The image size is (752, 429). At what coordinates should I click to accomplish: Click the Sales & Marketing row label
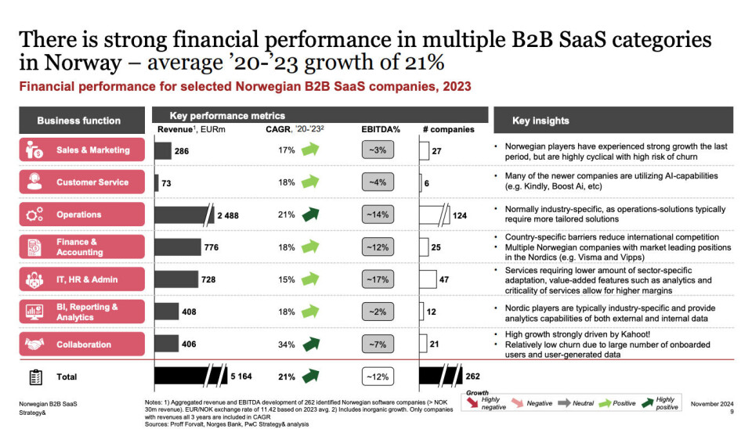(92, 150)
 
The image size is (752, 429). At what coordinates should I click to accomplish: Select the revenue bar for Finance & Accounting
(178, 247)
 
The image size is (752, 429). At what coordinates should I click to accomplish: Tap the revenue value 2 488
(228, 214)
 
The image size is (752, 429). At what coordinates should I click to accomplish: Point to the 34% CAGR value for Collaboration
(286, 344)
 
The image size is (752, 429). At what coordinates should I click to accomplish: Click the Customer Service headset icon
(34, 182)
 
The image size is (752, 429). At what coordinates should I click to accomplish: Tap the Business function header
(79, 121)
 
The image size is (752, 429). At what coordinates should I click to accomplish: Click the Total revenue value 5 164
(243, 377)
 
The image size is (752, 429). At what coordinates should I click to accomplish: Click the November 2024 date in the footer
(712, 403)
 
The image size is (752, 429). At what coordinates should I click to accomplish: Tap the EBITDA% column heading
(381, 129)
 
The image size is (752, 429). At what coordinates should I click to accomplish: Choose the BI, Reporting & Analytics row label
(86, 312)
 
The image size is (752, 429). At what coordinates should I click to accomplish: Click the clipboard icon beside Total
(35, 377)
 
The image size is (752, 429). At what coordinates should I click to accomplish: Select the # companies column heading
(449, 129)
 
